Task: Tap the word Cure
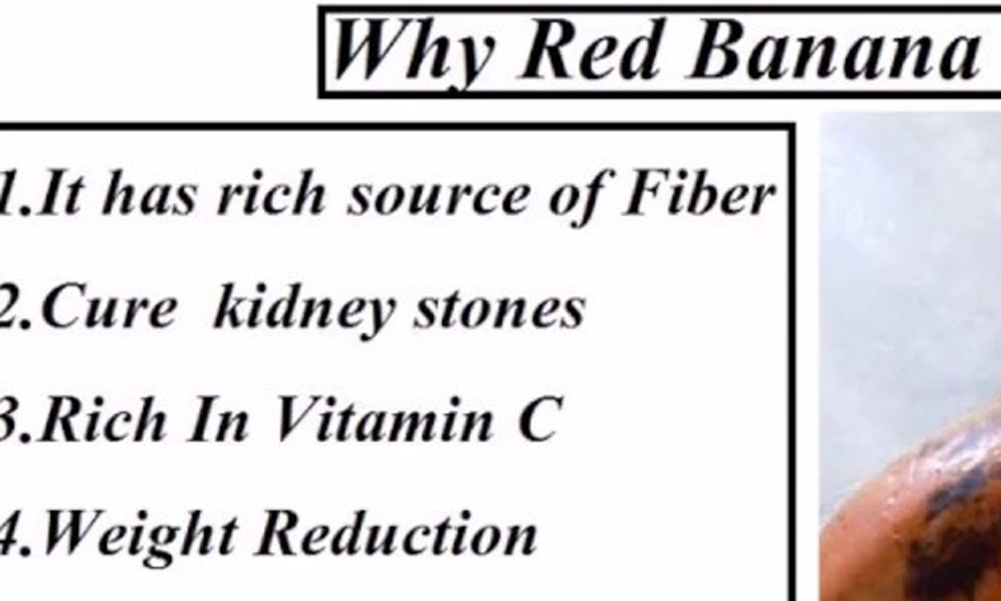tap(109, 308)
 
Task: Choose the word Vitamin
tap(385, 419)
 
